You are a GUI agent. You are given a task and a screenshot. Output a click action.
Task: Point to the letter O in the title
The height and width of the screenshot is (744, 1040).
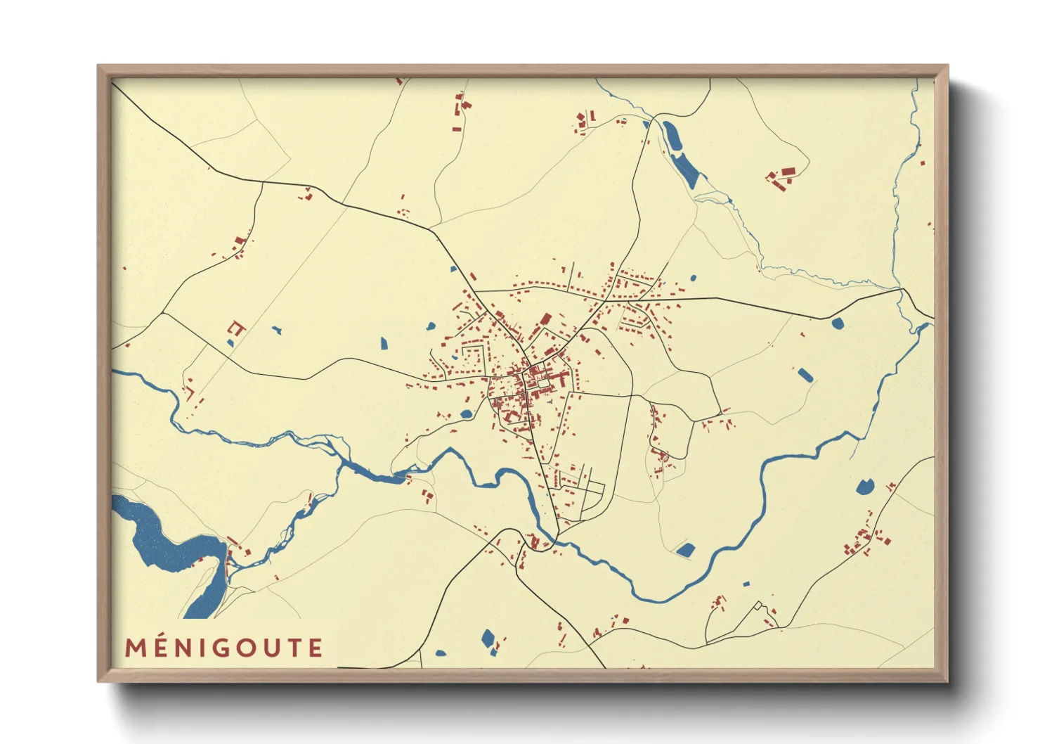[245, 648]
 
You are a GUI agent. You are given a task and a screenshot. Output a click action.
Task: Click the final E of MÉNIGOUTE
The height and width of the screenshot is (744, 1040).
[315, 648]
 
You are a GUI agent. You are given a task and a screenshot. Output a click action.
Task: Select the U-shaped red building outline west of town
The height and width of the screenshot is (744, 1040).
[236, 327]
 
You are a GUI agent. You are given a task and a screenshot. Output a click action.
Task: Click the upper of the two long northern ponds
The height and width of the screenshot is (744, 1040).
[671, 135]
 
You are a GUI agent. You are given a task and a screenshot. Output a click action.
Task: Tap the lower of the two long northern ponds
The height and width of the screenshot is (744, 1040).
[685, 169]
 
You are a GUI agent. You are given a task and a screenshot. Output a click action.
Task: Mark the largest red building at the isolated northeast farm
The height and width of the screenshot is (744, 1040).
[788, 171]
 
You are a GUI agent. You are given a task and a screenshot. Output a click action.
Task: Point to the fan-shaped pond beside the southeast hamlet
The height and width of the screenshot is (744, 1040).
[864, 486]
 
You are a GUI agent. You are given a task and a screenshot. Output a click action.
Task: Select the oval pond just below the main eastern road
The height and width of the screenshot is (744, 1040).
[837, 323]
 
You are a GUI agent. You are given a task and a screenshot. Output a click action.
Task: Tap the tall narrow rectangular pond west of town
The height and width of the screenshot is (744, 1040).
[384, 343]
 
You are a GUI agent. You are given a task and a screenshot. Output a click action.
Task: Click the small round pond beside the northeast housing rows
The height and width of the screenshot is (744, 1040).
[694, 278]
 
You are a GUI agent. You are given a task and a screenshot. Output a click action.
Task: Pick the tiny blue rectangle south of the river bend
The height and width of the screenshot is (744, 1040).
[746, 583]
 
